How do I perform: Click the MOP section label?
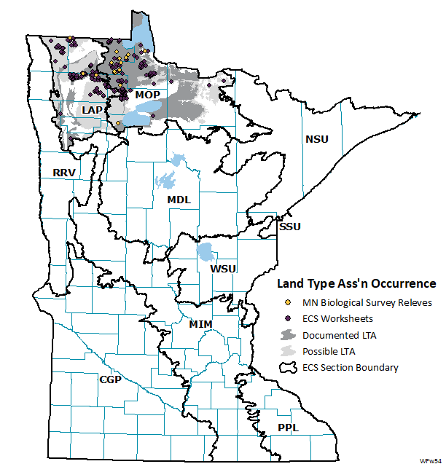coord(147,95)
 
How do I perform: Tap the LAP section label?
coord(93,109)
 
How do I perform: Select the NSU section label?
coord(317,139)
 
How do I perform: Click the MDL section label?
coord(179,199)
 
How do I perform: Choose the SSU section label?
coord(289,227)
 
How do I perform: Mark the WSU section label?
coord(223,269)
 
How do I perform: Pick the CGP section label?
coord(111,379)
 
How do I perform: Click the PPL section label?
coord(287,428)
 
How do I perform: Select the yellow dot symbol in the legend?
coord(288,302)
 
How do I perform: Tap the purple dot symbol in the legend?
coord(288,318)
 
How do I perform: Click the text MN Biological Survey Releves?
coord(367,302)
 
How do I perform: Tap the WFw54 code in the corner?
coord(429,462)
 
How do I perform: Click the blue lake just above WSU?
coord(206,253)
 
